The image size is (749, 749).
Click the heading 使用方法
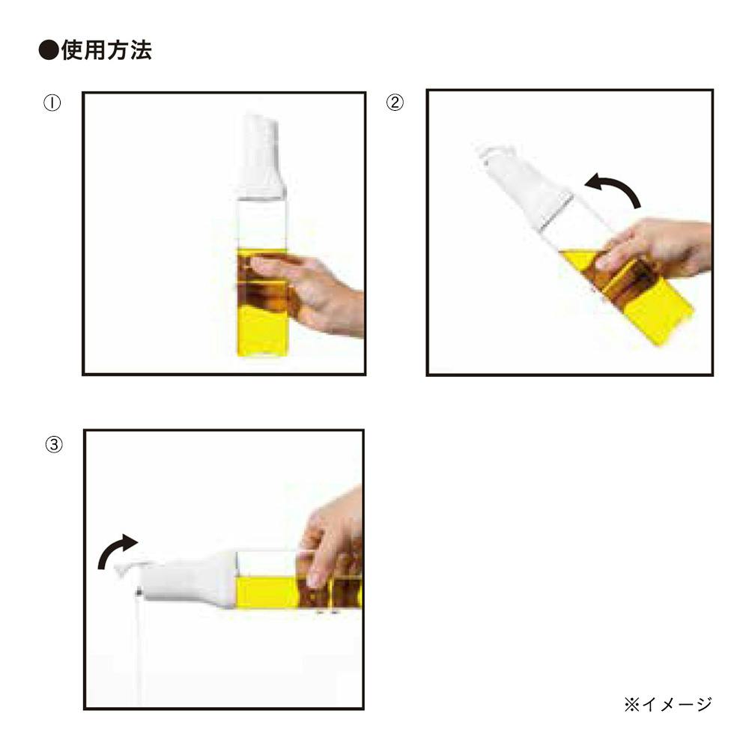106,50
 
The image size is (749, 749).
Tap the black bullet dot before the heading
49,50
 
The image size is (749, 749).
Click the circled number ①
52,103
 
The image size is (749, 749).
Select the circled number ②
395,102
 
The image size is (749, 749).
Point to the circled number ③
53,445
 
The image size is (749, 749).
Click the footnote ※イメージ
668,704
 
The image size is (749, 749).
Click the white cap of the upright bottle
261,155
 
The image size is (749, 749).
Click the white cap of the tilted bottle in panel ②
523,187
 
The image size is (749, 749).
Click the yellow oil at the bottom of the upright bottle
262,332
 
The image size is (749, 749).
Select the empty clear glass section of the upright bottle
262,223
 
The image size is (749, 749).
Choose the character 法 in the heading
141,50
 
